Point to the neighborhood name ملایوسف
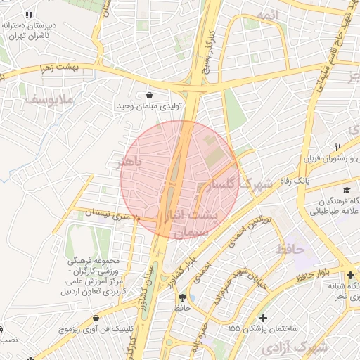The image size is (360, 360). [49, 100]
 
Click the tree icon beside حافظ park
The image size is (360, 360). [183, 297]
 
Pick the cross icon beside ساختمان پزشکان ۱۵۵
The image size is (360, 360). [263, 318]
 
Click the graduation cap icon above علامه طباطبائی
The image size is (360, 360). [346, 191]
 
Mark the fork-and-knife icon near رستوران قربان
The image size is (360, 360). [338, 146]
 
